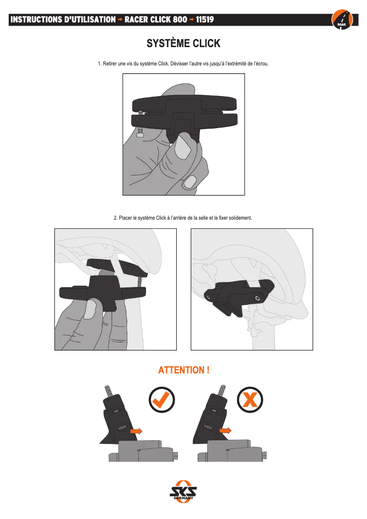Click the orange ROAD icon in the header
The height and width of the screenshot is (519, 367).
(342, 19)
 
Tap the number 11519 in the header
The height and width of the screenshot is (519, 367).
(205, 20)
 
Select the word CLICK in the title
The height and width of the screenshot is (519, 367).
(206, 43)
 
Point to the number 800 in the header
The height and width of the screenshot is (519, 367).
(180, 20)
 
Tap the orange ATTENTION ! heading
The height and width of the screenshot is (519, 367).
(183, 370)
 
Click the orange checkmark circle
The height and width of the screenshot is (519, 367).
(162, 400)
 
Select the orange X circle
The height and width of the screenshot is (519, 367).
(250, 400)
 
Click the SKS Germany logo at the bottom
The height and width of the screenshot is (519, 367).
(183, 492)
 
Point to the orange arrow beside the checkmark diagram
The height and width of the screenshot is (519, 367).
(136, 431)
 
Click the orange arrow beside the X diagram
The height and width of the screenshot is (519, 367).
(225, 431)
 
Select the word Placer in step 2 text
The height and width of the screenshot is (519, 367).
(125, 218)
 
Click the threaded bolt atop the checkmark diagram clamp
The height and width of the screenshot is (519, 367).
(108, 390)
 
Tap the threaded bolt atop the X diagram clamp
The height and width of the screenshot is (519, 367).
(222, 390)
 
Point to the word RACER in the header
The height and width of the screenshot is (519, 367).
(136, 20)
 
